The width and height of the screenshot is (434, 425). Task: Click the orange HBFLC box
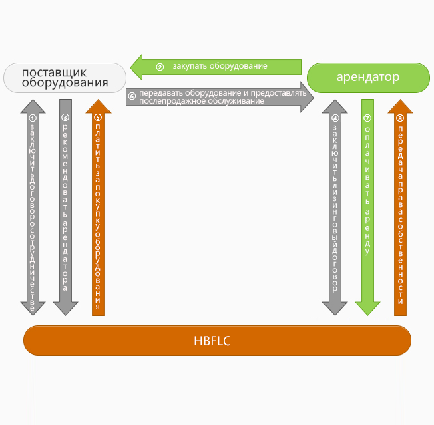tap(217, 341)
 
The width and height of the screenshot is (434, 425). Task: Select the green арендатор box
tap(368, 78)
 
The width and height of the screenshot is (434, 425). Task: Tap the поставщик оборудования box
tap(65, 78)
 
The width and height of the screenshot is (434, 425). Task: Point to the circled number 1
tap(33, 118)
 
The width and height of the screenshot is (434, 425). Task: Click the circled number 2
tap(160, 67)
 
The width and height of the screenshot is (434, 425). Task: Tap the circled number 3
tap(65, 118)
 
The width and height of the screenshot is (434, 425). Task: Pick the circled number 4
tap(335, 118)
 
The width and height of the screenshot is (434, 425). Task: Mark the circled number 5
tap(98, 118)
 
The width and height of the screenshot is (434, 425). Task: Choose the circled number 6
tap(132, 96)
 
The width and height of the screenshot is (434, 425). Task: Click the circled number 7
tap(367, 118)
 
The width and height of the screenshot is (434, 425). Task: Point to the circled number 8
tap(400, 118)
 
